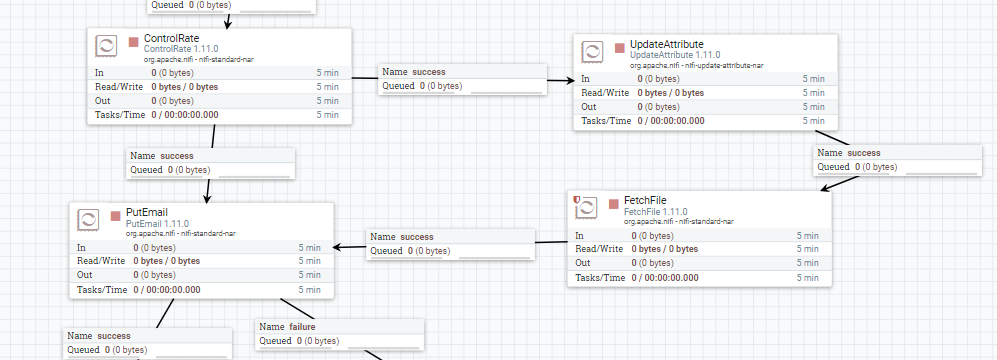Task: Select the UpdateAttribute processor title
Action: click(666, 46)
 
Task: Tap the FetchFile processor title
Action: click(645, 200)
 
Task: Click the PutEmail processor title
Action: click(146, 213)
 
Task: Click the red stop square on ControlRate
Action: click(133, 42)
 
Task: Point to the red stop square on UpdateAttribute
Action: click(620, 48)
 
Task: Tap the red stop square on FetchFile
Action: click(613, 204)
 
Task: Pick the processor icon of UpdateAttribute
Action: click(592, 53)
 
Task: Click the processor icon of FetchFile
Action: click(585, 209)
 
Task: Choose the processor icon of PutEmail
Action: click(87, 220)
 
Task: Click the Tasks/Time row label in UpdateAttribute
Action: click(605, 121)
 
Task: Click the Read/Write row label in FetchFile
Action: click(600, 249)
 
